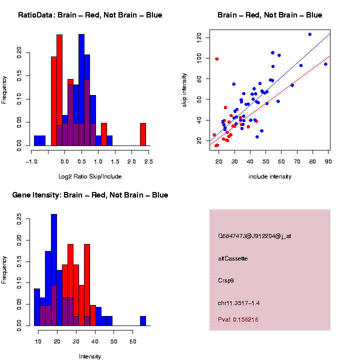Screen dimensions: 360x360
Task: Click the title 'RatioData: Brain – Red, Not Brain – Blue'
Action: point(90,15)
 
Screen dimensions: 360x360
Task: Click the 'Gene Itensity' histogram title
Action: point(90,195)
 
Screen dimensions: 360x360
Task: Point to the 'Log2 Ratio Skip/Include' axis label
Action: point(90,176)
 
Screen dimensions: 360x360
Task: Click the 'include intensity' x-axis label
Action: point(270,176)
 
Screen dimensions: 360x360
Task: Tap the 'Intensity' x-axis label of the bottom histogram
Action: point(90,356)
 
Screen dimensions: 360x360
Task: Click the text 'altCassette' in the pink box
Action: point(232,258)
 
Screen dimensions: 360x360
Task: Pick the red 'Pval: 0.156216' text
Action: point(238,319)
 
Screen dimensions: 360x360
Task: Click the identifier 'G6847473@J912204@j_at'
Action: point(254,236)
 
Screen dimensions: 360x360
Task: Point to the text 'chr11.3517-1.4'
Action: point(238,303)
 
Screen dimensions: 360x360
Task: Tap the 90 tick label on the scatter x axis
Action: point(328,160)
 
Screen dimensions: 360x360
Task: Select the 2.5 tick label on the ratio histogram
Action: point(148,161)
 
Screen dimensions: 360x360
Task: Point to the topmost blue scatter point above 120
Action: point(310,34)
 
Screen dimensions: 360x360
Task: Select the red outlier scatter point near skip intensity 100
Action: point(217,59)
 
